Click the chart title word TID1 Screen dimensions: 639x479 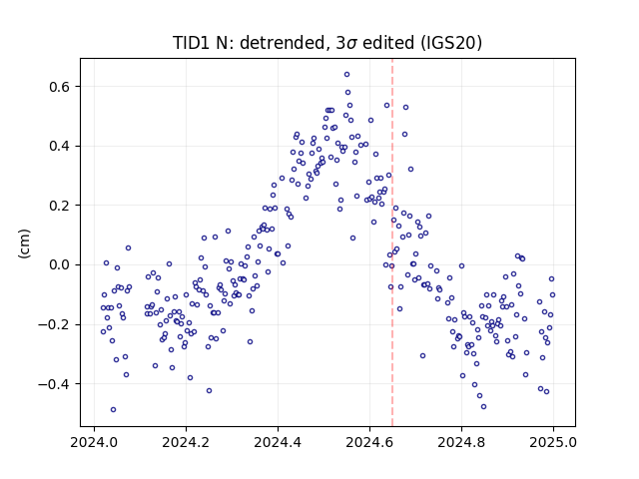coord(191,43)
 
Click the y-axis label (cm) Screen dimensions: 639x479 coord(24,243)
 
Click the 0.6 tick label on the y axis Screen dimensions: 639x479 coord(61,87)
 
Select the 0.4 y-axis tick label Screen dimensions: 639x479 coord(61,147)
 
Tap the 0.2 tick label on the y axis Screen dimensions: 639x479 coord(61,206)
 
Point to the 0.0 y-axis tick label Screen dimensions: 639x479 coord(61,265)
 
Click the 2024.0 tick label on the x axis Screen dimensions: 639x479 coord(94,442)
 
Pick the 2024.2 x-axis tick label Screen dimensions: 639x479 coord(186,442)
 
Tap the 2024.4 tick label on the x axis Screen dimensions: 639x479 coord(278,442)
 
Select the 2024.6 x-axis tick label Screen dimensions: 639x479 coord(369,442)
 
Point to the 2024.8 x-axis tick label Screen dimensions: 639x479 coord(461,442)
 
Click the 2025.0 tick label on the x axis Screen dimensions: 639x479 coord(553,442)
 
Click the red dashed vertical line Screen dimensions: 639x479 coord(392,242)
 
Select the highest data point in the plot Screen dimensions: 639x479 coord(346,75)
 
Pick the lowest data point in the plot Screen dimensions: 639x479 coord(113,410)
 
